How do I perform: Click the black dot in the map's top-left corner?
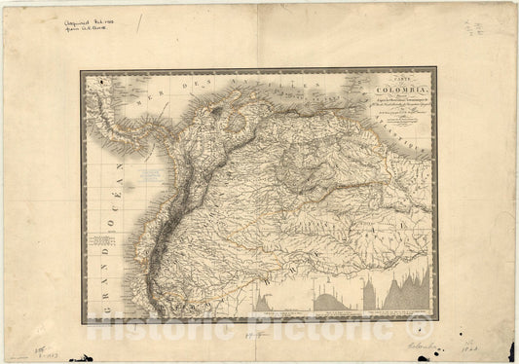point(90,77)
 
